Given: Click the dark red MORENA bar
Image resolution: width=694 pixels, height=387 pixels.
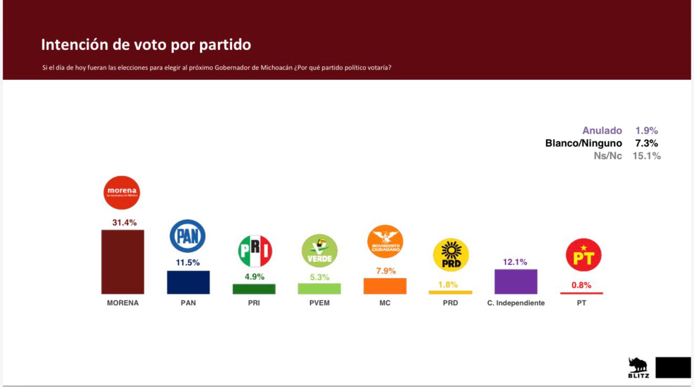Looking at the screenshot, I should click(123, 261).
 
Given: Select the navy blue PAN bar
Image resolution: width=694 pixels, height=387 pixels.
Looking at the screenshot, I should click(188, 282).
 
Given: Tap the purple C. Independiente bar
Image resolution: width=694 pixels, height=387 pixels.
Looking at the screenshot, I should click(516, 281).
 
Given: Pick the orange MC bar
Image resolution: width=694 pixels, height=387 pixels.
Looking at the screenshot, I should click(385, 286).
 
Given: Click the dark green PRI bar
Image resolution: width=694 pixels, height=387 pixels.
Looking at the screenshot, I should click(254, 289).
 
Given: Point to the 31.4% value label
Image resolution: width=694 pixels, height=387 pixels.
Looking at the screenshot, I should click(124, 223).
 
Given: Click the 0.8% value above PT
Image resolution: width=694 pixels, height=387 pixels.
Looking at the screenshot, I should click(581, 286).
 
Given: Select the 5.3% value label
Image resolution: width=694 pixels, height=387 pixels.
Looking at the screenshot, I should click(320, 277).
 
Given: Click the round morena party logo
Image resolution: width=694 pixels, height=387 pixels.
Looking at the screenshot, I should click(122, 192).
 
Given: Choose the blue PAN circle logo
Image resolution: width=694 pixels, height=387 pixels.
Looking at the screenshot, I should click(188, 236).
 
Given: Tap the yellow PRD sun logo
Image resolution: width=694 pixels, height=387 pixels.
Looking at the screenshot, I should click(451, 255).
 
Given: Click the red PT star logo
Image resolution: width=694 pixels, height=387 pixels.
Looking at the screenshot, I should click(583, 255).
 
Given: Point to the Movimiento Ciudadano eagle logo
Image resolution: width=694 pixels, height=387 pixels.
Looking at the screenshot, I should click(385, 241).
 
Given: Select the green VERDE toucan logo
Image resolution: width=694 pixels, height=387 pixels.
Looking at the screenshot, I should click(319, 251).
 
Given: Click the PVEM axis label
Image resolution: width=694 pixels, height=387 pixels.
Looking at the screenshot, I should click(320, 303).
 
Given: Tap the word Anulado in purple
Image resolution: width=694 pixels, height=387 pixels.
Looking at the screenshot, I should click(602, 131).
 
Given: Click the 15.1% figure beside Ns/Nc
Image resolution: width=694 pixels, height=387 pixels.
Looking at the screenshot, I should click(646, 156).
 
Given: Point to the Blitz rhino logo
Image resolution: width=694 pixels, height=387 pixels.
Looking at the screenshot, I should click(638, 367).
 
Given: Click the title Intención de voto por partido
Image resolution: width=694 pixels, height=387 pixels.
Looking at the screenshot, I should click(146, 45).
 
